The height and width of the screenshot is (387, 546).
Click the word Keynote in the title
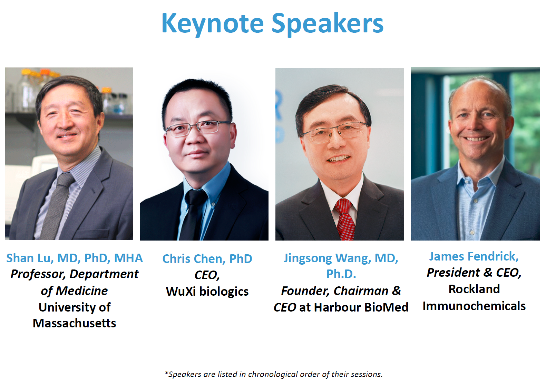[x=213, y=24]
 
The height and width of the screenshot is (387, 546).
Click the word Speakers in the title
[x=328, y=24]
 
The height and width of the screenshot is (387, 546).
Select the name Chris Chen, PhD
[x=207, y=259]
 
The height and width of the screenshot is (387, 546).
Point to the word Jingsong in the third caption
[x=307, y=258]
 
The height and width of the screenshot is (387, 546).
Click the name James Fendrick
[x=474, y=256]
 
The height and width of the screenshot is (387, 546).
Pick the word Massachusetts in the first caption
[x=74, y=323]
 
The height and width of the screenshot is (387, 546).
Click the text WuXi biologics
[x=207, y=292]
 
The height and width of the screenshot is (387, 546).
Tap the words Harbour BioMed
[x=361, y=307]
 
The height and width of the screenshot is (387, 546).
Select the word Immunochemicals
[x=474, y=306]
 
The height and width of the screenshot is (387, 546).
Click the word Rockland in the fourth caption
[x=474, y=289]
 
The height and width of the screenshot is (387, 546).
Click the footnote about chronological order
[x=273, y=374]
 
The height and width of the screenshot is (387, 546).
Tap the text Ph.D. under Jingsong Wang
[x=341, y=274]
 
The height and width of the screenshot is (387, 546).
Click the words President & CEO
[x=474, y=273]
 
